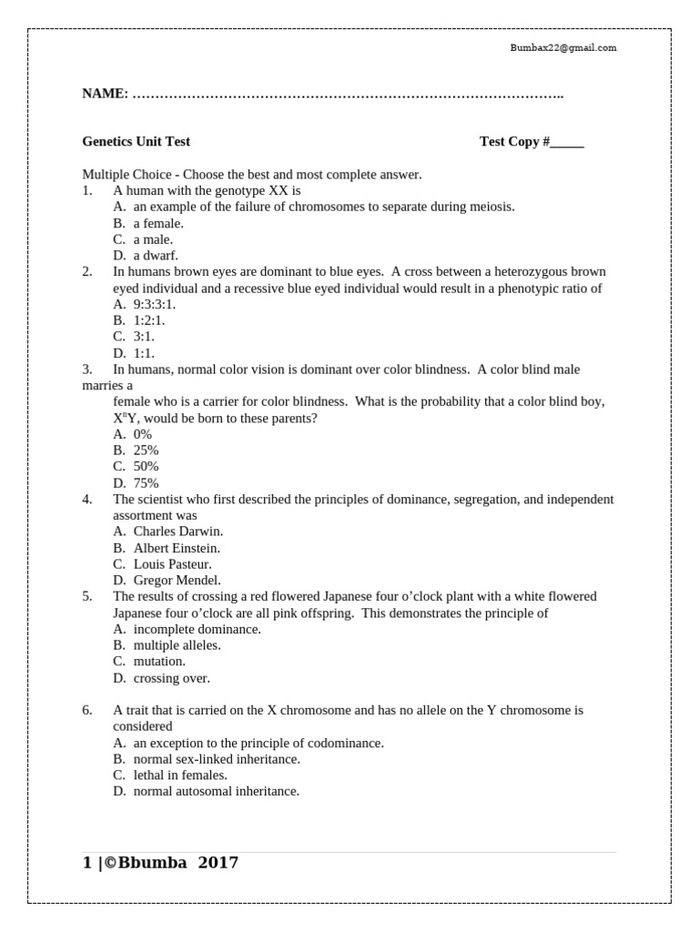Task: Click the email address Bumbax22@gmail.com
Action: [562, 47]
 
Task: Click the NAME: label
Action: [105, 94]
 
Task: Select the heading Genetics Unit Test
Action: [136, 141]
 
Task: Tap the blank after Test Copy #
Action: [567, 142]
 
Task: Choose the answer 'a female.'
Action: [158, 223]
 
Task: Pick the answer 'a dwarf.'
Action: [156, 256]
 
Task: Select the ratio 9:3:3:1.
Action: [155, 304]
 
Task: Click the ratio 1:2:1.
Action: [149, 320]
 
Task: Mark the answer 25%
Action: [146, 451]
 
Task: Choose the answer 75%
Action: [146, 483]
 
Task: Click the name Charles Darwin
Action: [177, 531]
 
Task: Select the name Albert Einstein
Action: [177, 548]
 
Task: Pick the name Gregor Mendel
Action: [177, 580]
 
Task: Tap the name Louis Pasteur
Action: [172, 564]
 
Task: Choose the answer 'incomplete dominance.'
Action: [197, 629]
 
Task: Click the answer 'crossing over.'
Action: [171, 678]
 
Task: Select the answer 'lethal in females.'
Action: [180, 775]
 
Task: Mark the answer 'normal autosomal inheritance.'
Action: [216, 792]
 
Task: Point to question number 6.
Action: [87, 710]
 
